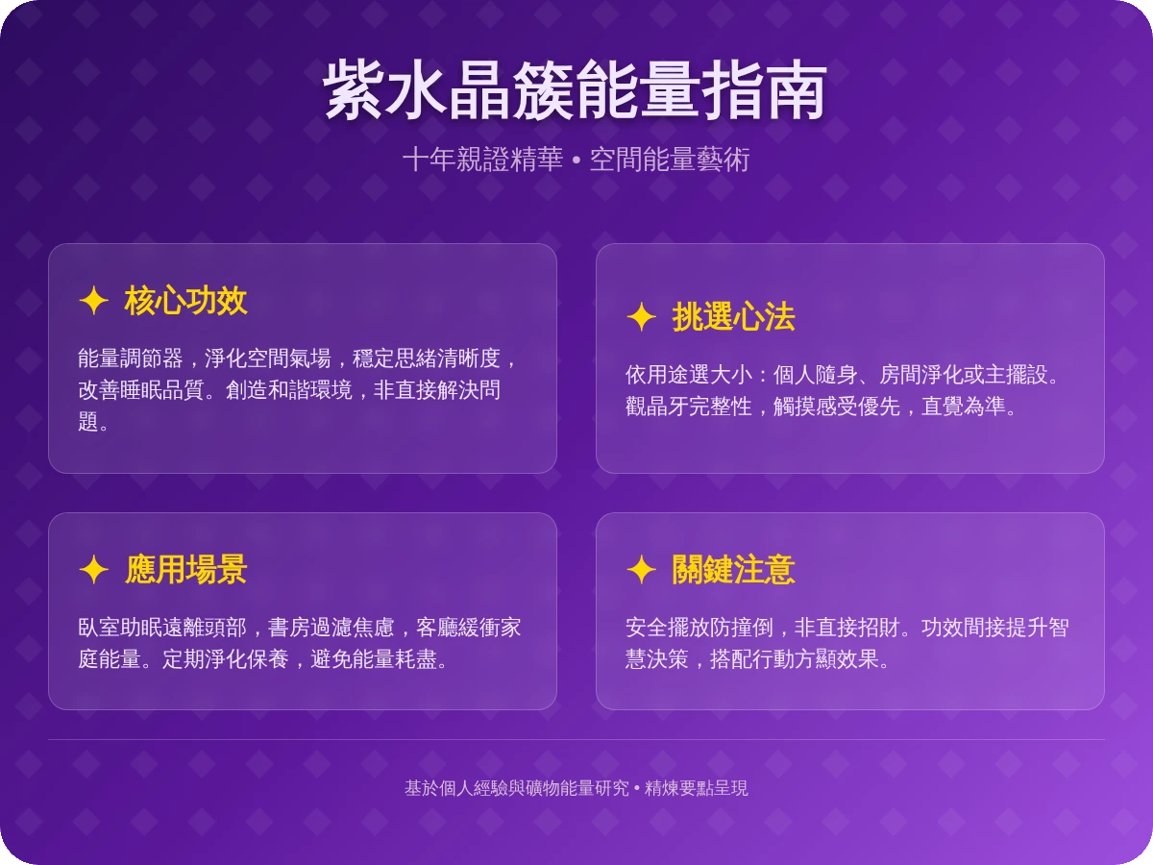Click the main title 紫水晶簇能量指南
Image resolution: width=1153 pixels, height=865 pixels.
pyautogui.click(x=576, y=92)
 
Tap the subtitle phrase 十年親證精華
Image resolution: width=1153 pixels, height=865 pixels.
pyautogui.click(x=482, y=160)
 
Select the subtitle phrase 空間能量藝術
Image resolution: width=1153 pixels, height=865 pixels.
pyautogui.click(x=669, y=160)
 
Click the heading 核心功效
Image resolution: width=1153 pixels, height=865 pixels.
pyautogui.click(x=185, y=301)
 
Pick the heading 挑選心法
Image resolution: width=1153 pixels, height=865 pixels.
pyautogui.click(x=733, y=317)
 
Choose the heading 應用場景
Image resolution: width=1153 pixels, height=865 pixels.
pyautogui.click(x=185, y=570)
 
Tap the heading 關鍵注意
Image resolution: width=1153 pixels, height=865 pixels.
pyautogui.click(x=733, y=570)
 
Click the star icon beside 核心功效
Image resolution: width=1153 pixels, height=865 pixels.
pyautogui.click(x=93, y=301)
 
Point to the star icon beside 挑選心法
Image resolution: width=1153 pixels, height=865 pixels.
pyautogui.click(x=641, y=317)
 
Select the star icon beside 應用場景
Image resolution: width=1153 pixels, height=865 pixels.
pyautogui.click(x=93, y=570)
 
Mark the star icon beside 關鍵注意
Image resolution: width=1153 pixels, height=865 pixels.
pyautogui.click(x=641, y=570)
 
